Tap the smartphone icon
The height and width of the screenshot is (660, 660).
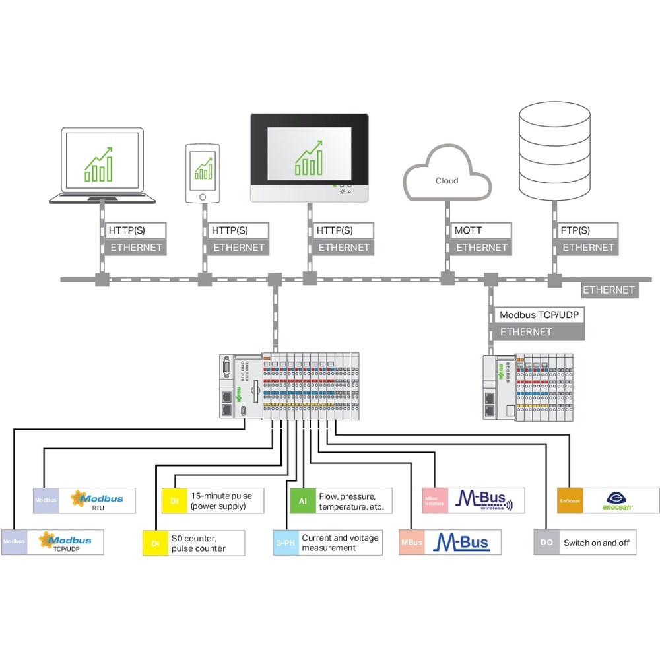(203, 173)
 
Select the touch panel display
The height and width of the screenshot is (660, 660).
(309, 158)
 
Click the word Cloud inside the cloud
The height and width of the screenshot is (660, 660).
(447, 180)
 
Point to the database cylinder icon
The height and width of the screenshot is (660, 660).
(554, 150)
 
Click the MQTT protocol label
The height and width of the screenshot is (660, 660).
(469, 231)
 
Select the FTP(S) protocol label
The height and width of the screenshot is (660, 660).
(576, 231)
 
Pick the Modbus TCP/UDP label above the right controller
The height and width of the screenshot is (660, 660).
(539, 315)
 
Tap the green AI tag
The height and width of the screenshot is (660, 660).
(303, 502)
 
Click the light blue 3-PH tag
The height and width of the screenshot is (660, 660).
(286, 543)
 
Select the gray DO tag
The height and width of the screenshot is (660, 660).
(546, 543)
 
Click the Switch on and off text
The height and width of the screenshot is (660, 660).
(596, 543)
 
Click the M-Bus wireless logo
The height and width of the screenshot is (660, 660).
(485, 501)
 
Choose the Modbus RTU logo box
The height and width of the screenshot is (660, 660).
(97, 501)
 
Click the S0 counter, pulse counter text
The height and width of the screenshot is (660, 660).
(198, 543)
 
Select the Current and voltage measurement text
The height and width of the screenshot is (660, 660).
(340, 543)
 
